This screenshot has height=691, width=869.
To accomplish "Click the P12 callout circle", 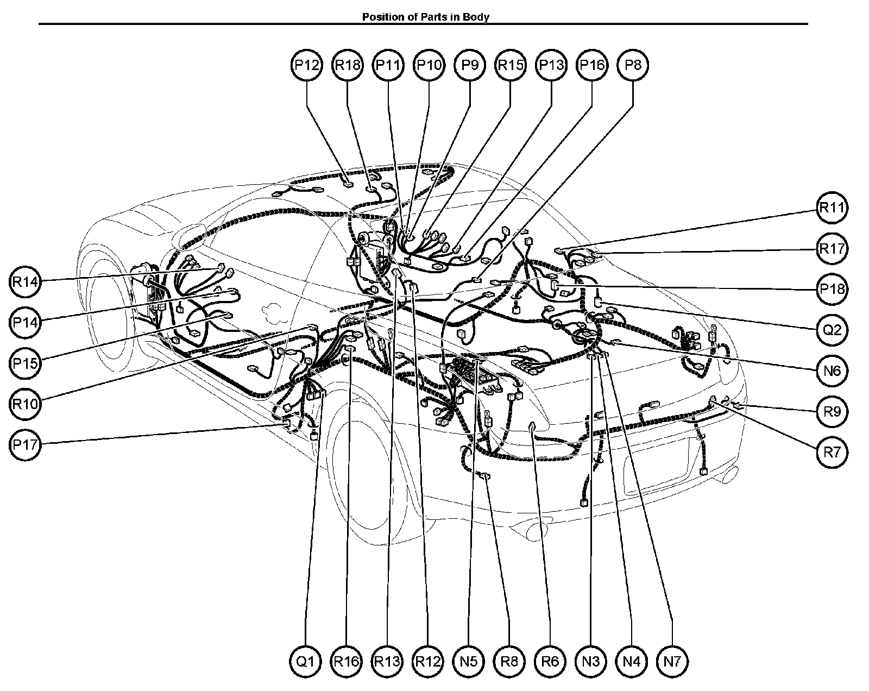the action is click(x=307, y=65).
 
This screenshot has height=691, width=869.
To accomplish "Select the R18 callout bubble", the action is click(x=348, y=65).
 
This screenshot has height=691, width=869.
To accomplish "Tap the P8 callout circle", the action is click(x=633, y=65).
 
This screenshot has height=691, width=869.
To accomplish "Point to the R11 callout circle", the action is click(x=832, y=208).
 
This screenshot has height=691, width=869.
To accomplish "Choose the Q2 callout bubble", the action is click(x=832, y=330).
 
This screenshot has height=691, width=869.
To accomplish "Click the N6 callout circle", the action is click(x=832, y=370).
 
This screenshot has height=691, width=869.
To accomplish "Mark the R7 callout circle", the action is click(x=832, y=453).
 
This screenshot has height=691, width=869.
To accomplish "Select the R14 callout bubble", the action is click(x=25, y=281).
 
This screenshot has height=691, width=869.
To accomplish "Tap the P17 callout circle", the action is click(x=25, y=445).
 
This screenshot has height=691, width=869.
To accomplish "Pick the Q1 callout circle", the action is click(x=306, y=662).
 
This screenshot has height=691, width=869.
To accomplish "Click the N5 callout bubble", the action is click(x=468, y=662).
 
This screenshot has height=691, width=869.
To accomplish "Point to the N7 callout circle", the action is click(x=672, y=662).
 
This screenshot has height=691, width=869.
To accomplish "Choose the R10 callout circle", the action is click(x=25, y=404).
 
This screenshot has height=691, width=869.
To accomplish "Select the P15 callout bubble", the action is click(x=25, y=363).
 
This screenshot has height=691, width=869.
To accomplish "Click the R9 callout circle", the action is click(x=832, y=412).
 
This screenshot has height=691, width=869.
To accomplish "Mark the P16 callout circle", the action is click(x=592, y=65).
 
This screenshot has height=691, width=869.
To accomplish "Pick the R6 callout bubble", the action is click(x=550, y=662).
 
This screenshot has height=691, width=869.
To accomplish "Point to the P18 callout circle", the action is click(x=832, y=289).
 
